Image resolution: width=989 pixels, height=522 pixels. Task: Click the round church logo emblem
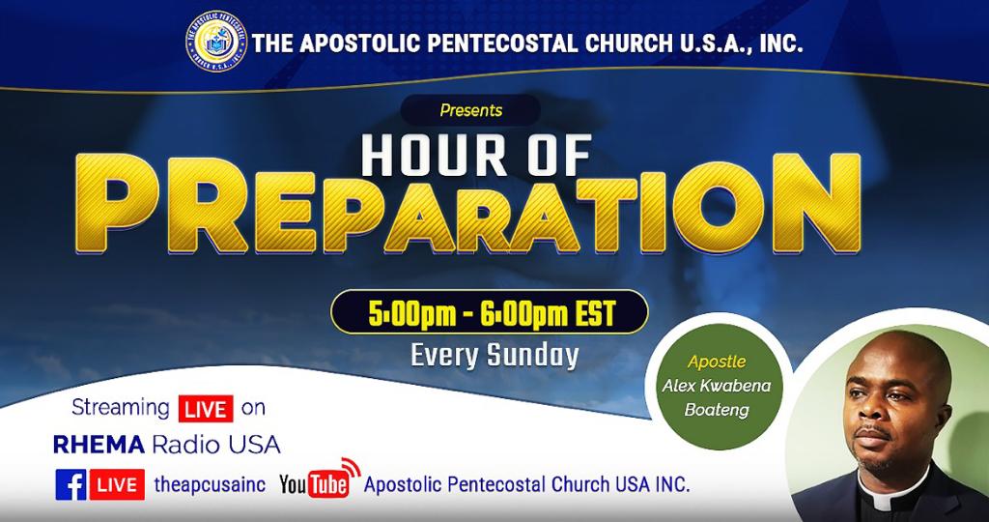(216, 41)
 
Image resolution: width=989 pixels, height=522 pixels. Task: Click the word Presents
(471, 110)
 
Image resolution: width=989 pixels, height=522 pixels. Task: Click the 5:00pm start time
(411, 314)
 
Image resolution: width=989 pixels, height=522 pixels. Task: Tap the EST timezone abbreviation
(595, 314)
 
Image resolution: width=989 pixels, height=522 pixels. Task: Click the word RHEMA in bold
(99, 445)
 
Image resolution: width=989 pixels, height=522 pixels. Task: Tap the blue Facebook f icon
(71, 484)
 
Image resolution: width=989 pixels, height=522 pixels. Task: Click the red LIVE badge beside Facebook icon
(117, 484)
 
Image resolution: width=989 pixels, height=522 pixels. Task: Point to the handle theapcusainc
(210, 484)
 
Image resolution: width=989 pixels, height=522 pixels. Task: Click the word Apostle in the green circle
(717, 362)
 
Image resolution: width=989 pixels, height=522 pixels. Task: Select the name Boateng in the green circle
(717, 410)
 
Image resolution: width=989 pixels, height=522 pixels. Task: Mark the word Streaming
(121, 408)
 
